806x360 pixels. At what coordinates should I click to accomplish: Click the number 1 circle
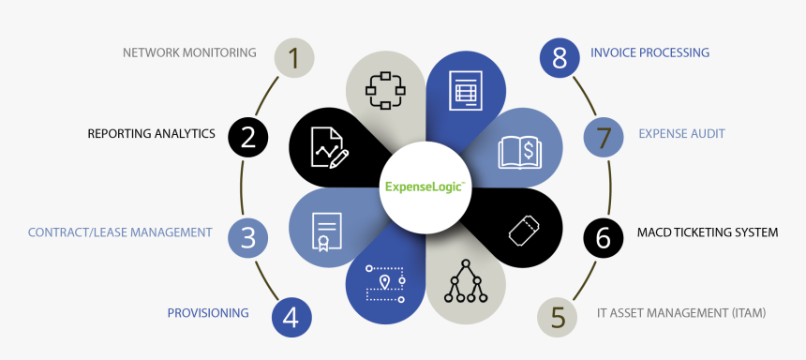pos(293,58)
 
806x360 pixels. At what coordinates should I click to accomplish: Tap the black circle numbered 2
pos(248,138)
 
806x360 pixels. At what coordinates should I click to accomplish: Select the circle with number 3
pos(247,237)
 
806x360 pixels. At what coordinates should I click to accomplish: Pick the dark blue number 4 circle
pos(291,317)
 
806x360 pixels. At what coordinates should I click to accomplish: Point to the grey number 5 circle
pos(558,317)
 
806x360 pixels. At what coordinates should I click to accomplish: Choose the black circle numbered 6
pos(603,238)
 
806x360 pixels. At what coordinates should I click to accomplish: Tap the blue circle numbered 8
pos(560,58)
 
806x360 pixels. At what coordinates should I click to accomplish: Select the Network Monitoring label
pos(189,52)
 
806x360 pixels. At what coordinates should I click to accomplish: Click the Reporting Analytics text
pos(151,134)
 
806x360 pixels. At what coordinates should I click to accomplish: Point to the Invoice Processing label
pos(649,52)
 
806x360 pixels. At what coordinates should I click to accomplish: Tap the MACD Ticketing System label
pos(708,232)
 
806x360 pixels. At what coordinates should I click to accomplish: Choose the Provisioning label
pos(208,313)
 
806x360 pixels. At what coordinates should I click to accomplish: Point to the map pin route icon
pos(385,284)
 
